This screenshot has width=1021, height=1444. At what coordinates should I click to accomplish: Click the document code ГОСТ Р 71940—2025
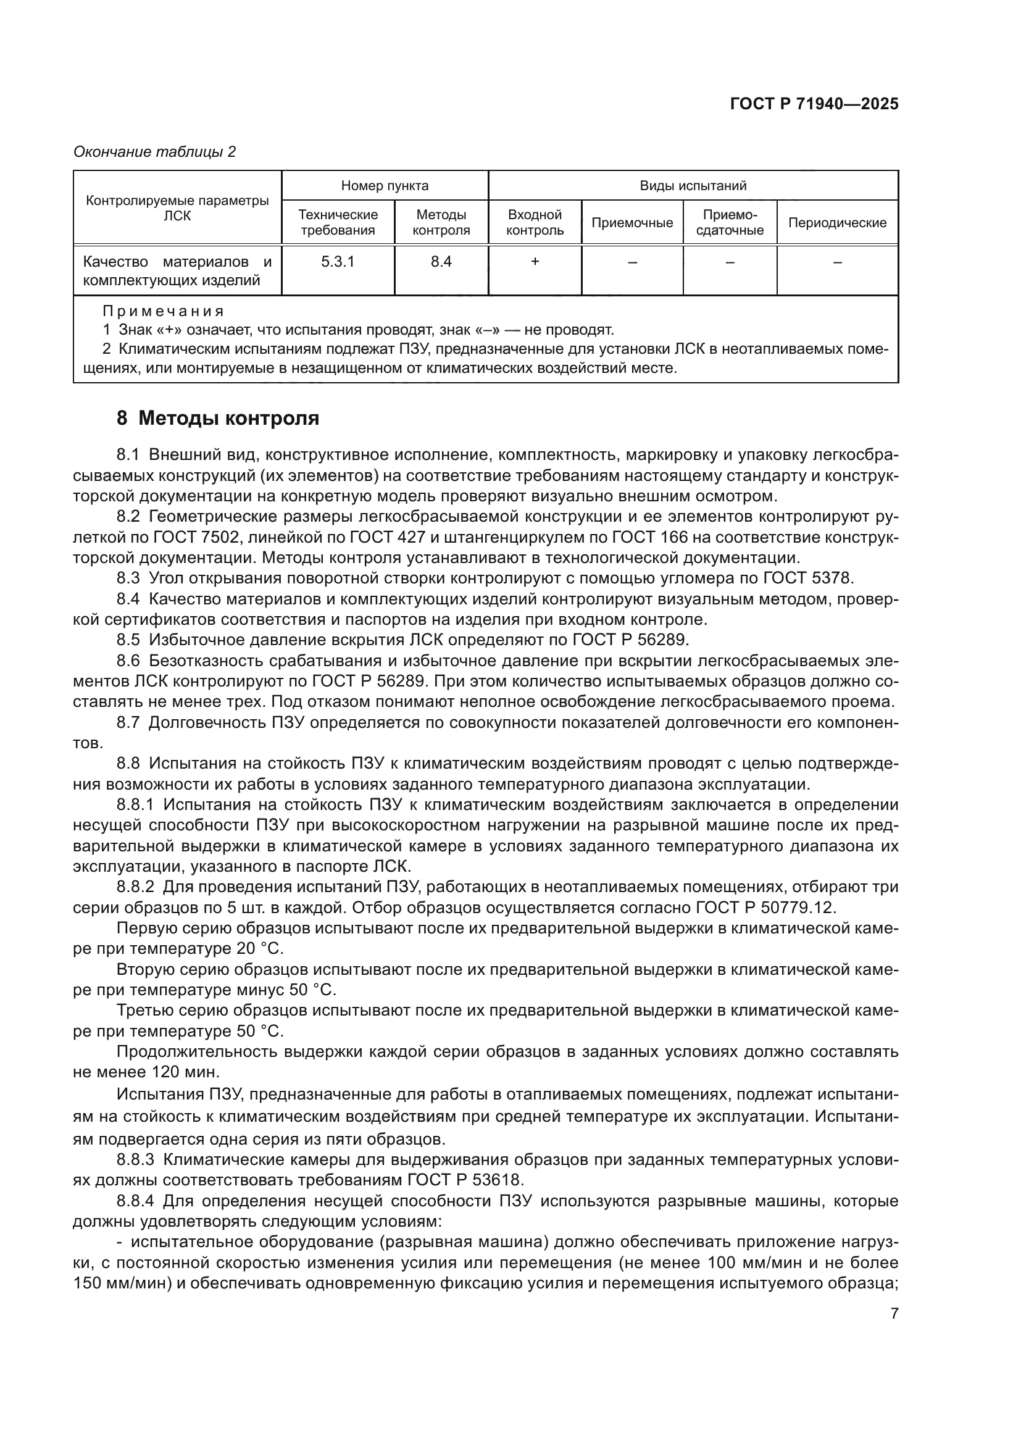tap(814, 104)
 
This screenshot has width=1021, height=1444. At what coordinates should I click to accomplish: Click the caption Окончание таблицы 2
tap(155, 152)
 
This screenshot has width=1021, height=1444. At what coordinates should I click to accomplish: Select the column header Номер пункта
tap(385, 186)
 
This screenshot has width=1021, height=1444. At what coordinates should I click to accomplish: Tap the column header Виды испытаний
tap(693, 186)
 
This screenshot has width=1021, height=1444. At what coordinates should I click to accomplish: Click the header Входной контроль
tap(535, 223)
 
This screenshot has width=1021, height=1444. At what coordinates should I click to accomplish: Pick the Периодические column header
tap(837, 223)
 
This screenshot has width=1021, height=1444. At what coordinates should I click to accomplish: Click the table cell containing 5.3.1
tap(338, 262)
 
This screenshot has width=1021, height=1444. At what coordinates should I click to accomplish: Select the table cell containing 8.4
tap(441, 262)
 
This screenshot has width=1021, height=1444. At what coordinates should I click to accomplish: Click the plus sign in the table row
tap(535, 262)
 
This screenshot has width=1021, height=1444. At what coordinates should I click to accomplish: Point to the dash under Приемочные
tap(632, 262)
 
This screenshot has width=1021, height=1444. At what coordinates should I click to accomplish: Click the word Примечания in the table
tap(163, 311)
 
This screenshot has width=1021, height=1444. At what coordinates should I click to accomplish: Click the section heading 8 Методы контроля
tap(217, 418)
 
